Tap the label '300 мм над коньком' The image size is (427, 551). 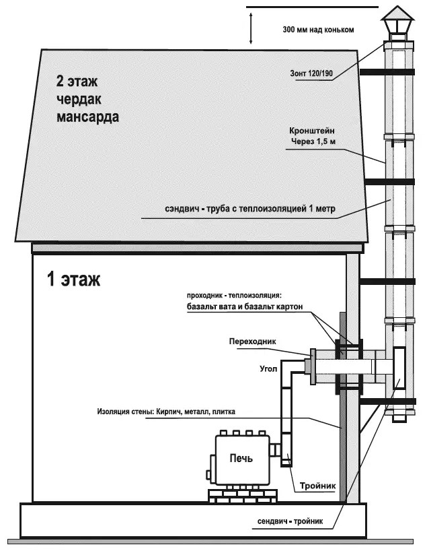pos(318,30)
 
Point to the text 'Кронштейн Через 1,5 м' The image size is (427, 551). pos(313,136)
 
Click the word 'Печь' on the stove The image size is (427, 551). pos(241,459)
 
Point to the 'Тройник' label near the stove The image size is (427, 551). pos(319,486)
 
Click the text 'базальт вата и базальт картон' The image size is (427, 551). pos(245,307)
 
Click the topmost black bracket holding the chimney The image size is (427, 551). pos(372,71)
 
